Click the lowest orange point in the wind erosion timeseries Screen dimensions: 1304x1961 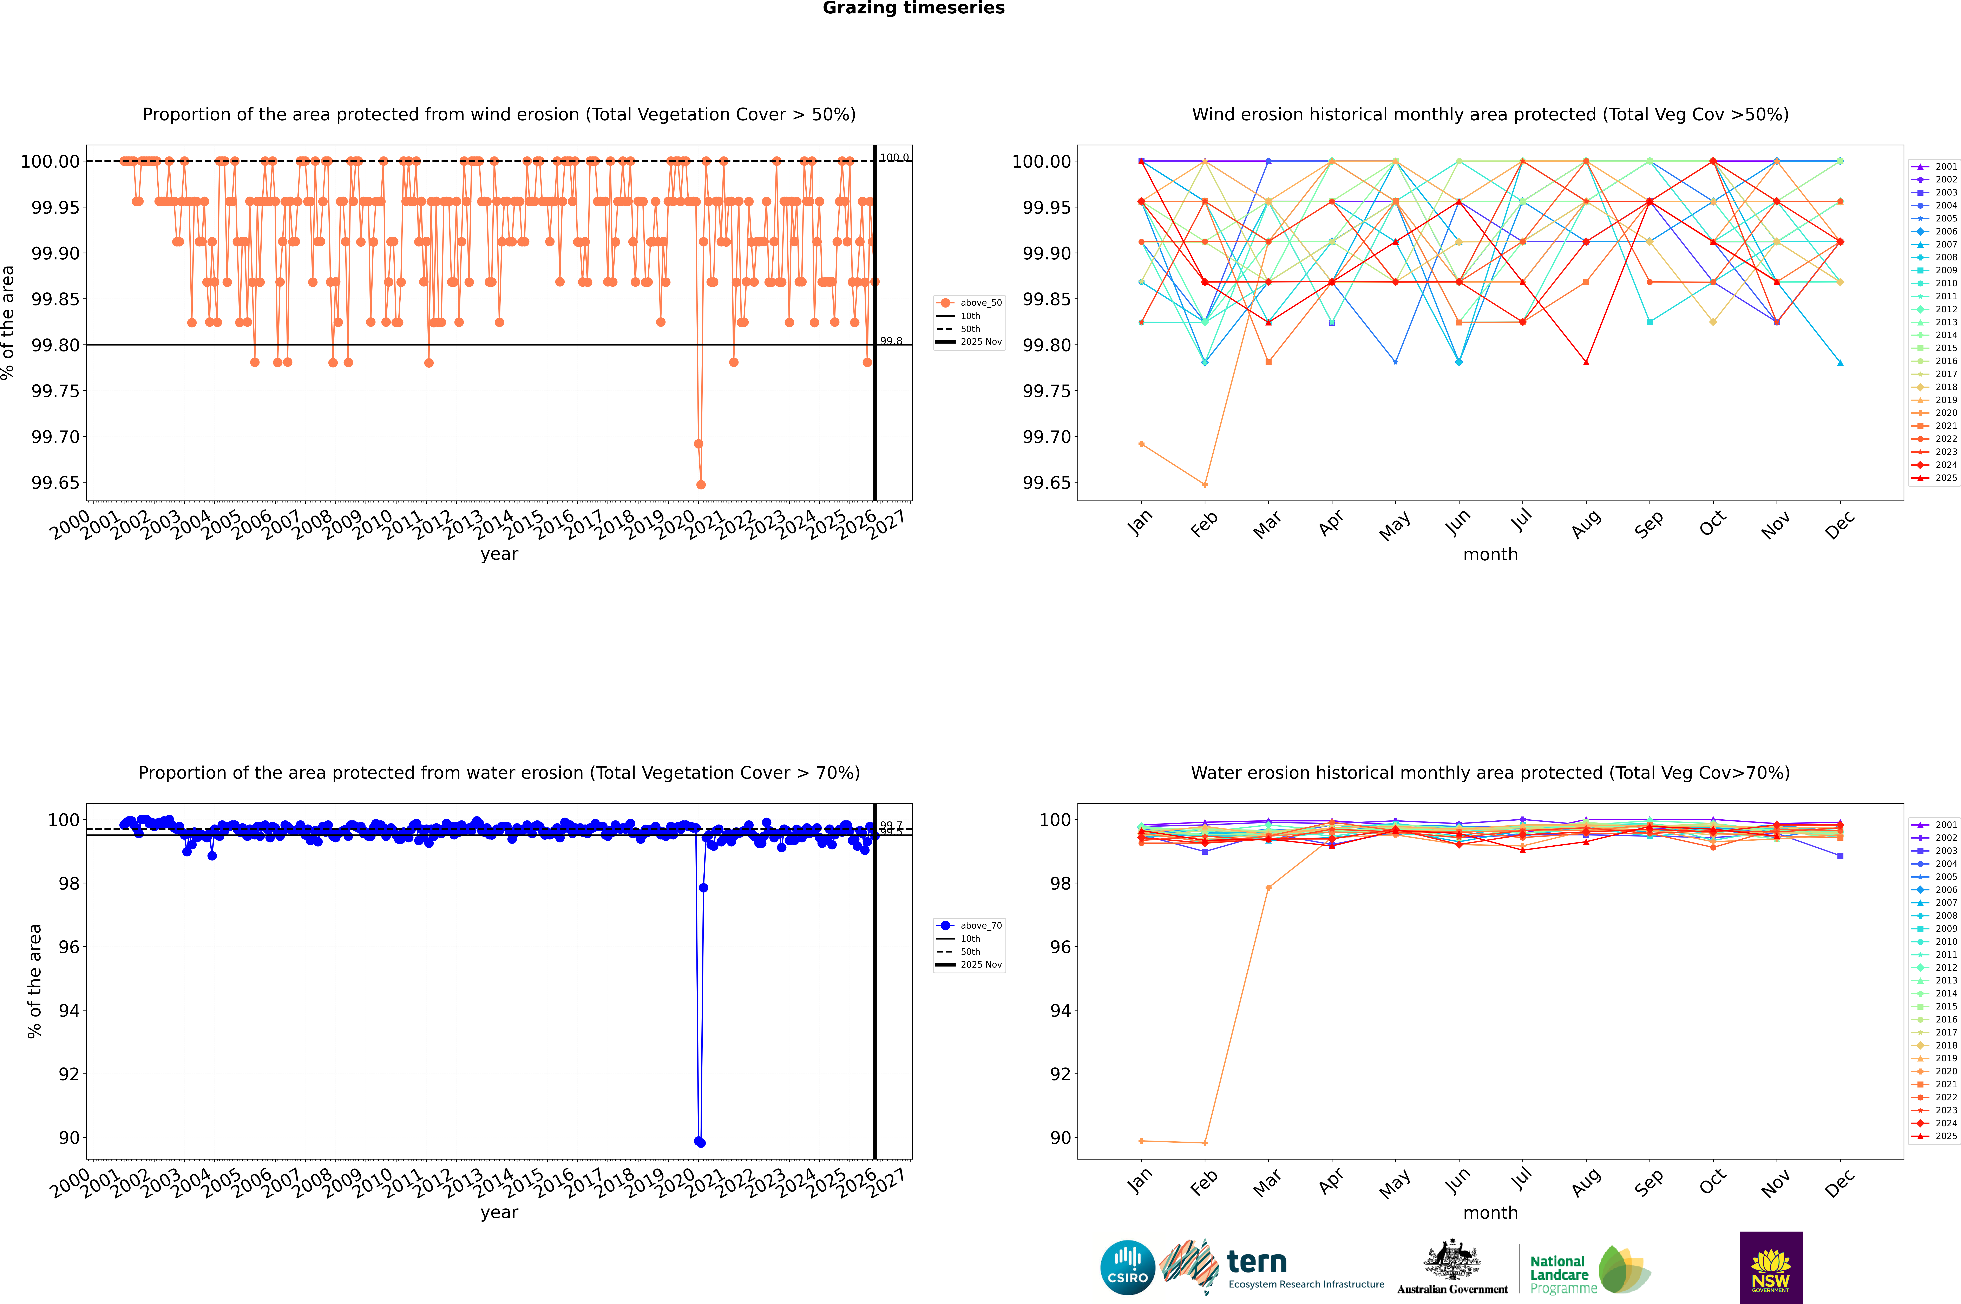coord(701,484)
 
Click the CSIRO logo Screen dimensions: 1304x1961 coord(1127,1268)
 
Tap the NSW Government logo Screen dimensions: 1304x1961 coord(1771,1268)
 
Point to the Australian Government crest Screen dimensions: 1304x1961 coord(1452,1263)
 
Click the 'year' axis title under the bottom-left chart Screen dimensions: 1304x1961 coord(499,1213)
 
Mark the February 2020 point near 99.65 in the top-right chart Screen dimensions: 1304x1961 coord(1205,484)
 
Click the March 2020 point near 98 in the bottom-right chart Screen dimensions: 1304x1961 coord(1268,887)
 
